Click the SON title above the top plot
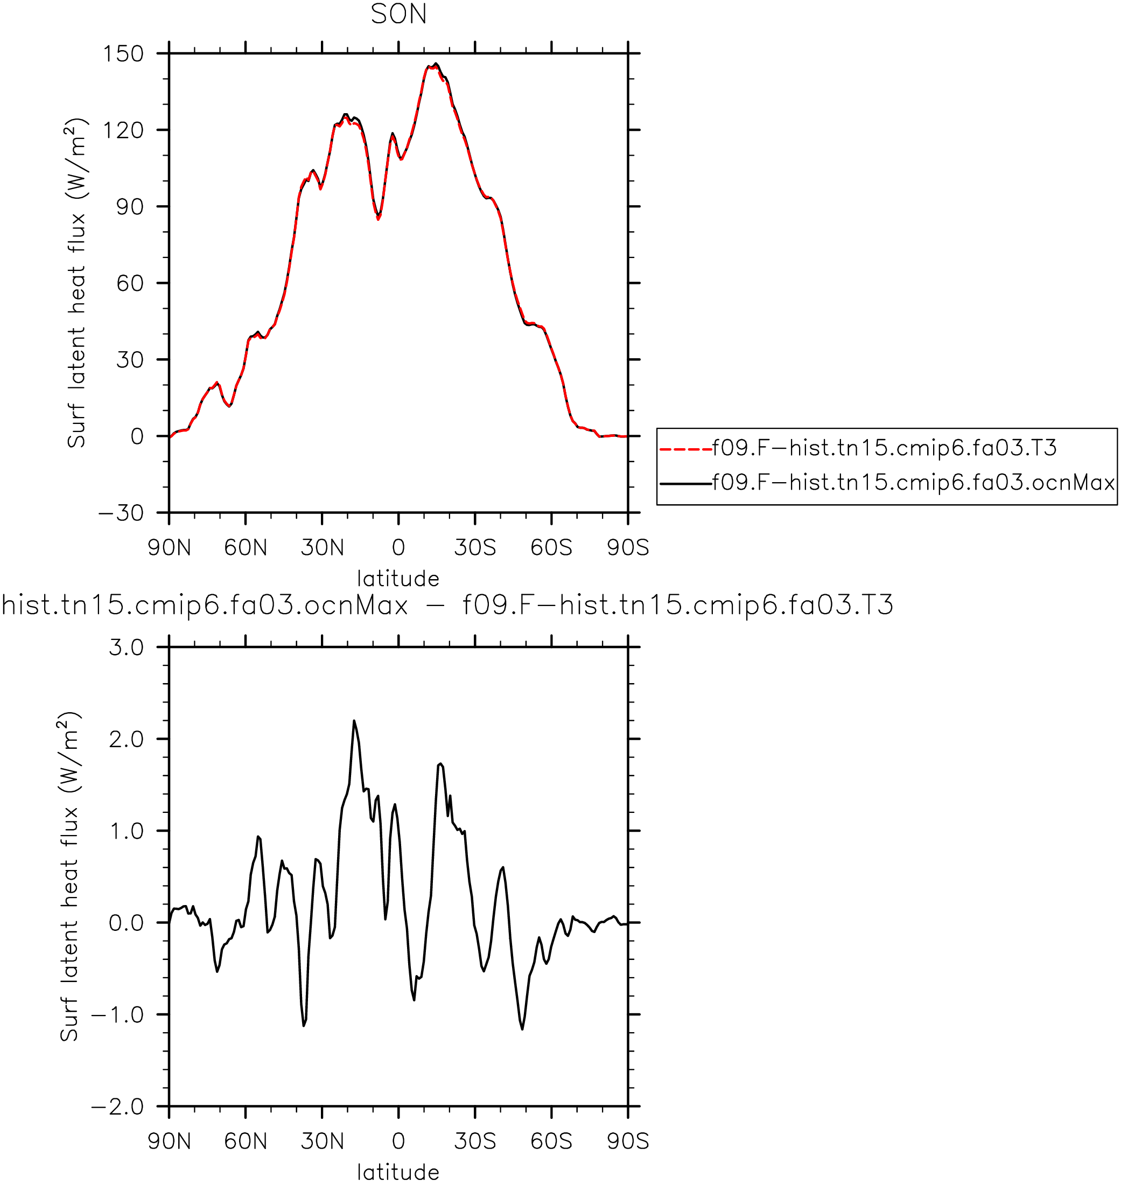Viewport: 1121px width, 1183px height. (x=398, y=15)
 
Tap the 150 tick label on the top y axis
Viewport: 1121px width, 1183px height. (x=124, y=54)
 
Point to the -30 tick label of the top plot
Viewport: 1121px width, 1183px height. (x=121, y=513)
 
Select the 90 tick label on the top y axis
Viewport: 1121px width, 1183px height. (x=130, y=207)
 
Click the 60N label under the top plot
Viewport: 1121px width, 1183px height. (x=246, y=547)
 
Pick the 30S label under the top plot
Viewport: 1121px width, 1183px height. (x=475, y=547)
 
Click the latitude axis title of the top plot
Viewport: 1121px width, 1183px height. (x=398, y=579)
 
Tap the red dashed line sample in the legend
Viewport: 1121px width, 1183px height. (x=686, y=448)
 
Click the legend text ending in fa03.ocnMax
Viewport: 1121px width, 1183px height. (x=914, y=482)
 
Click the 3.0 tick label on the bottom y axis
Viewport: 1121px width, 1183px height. (x=127, y=648)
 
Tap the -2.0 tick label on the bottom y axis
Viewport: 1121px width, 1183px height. (x=118, y=1107)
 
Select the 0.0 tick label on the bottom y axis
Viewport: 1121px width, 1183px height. (x=127, y=923)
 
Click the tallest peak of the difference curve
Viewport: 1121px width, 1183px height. (x=354, y=721)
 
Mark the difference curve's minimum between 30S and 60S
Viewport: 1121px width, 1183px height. (x=522, y=1029)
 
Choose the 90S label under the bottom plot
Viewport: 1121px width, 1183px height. (x=628, y=1142)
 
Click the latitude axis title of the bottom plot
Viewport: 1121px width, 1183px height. (x=398, y=1173)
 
